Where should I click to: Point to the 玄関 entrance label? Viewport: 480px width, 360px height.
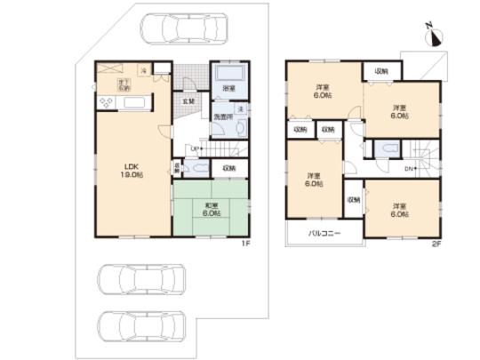click(x=189, y=101)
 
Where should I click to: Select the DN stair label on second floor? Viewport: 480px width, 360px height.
click(x=409, y=168)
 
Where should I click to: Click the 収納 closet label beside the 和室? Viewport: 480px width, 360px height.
click(x=228, y=167)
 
